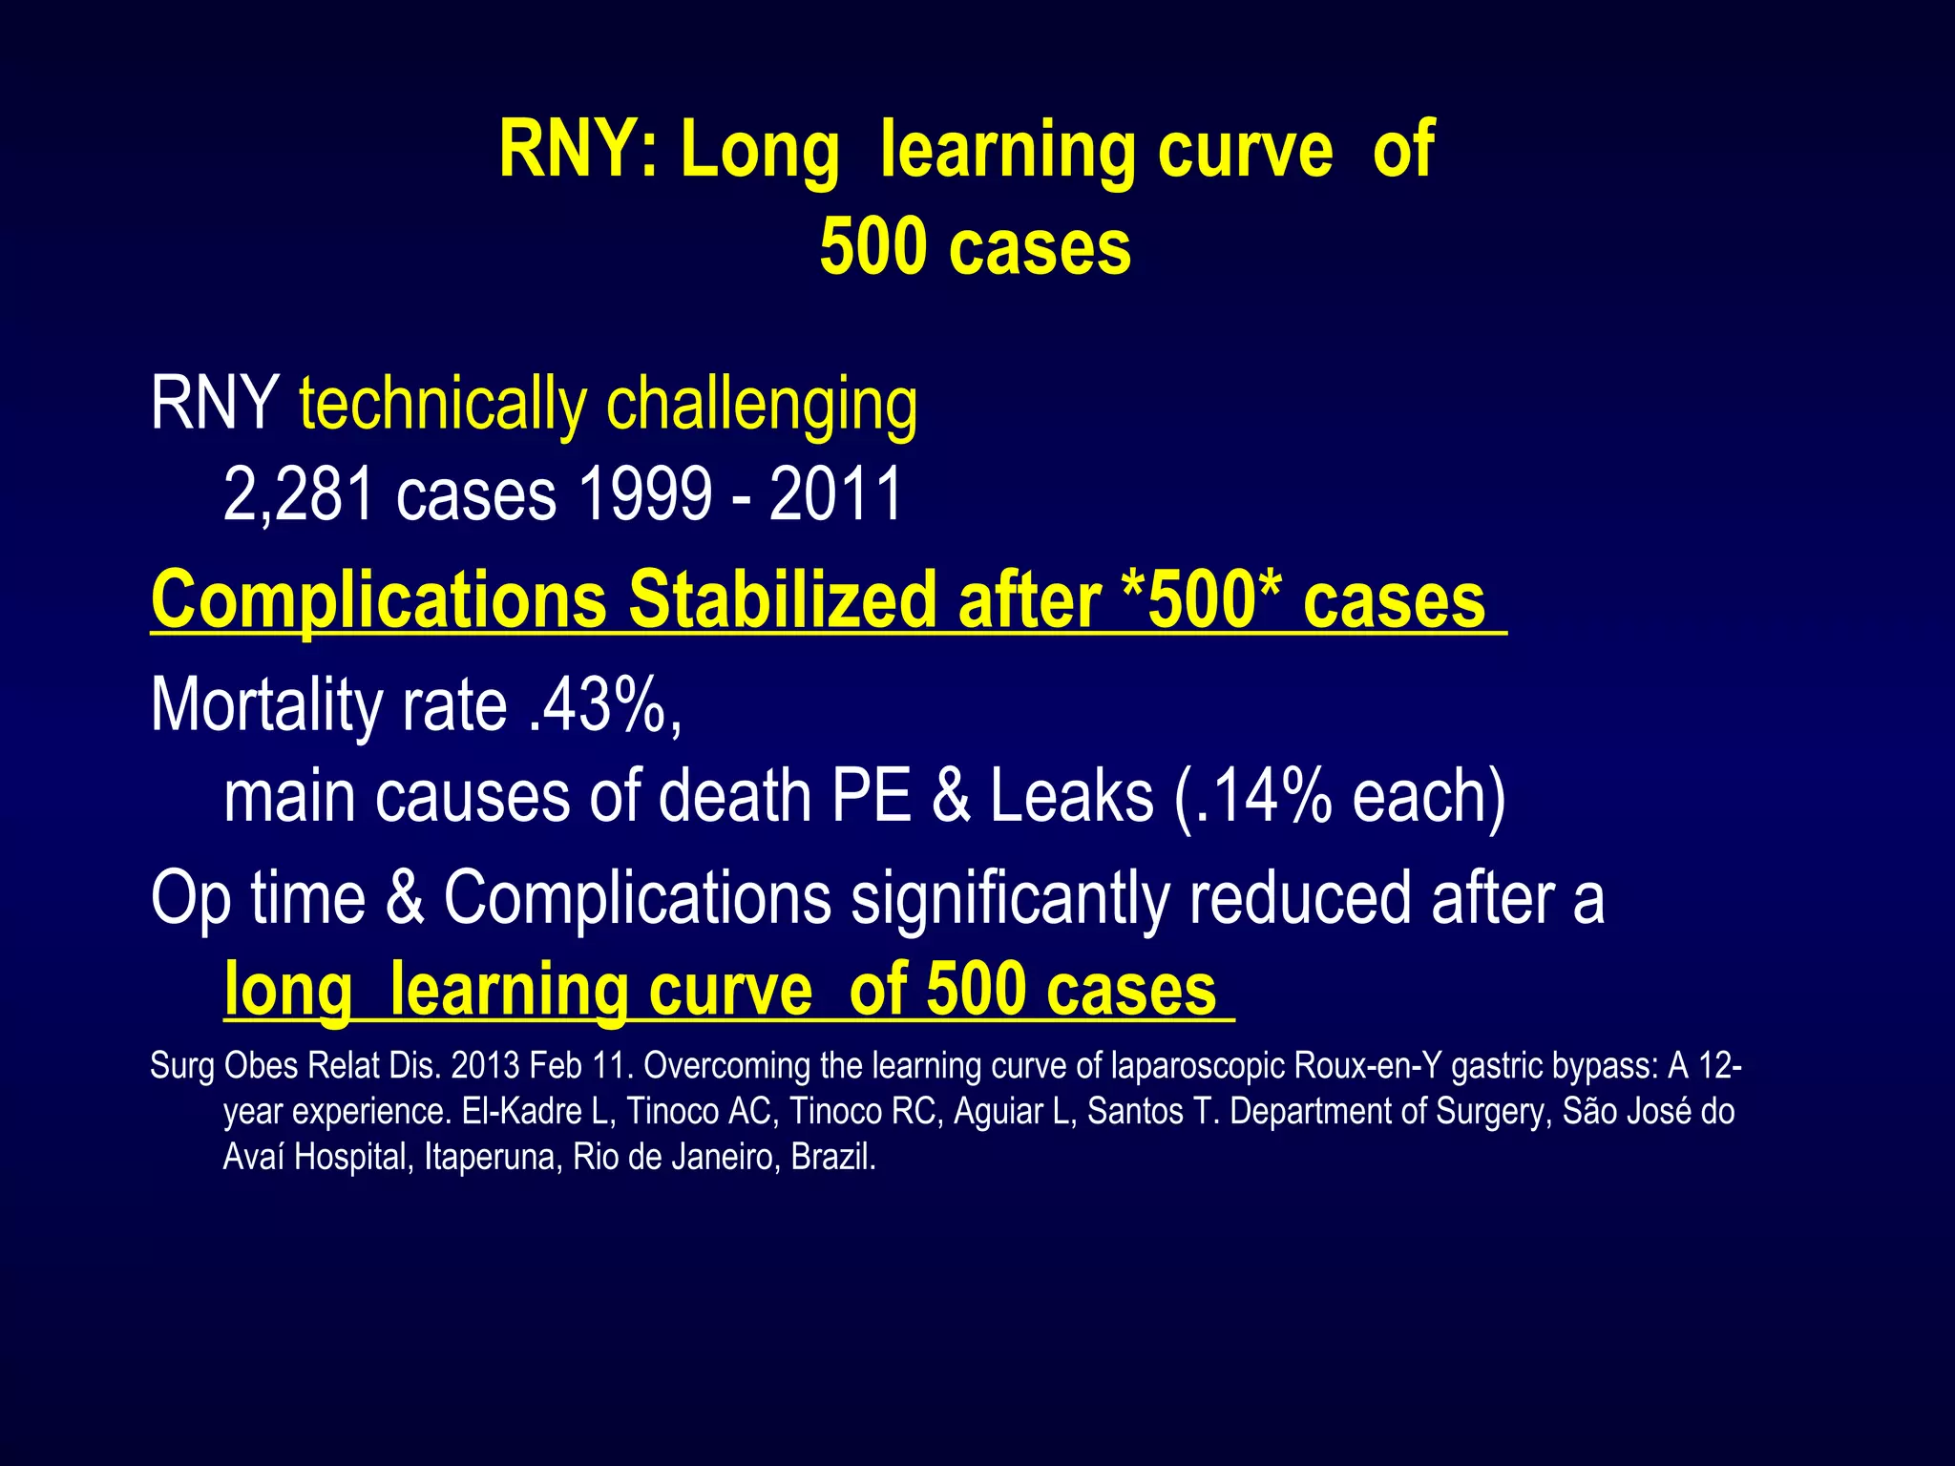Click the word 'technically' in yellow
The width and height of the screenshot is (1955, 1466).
[x=442, y=405]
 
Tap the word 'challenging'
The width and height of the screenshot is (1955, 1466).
[x=762, y=405]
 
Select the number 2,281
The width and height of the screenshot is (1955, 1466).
[x=298, y=494]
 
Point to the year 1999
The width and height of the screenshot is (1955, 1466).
[x=644, y=494]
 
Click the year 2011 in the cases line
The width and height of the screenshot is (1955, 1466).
[x=835, y=494]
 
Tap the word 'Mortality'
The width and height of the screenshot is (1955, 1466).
[x=266, y=706]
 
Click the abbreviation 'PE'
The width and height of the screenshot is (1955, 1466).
[x=872, y=796]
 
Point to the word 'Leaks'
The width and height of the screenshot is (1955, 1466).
[x=1071, y=796]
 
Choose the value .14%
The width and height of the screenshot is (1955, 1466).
[x=1262, y=796]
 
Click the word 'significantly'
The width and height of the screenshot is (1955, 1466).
[x=1010, y=899]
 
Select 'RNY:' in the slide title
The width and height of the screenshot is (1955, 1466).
[x=578, y=150]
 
